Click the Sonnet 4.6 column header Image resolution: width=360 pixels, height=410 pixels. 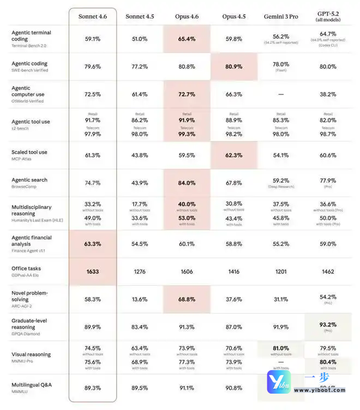point(93,16)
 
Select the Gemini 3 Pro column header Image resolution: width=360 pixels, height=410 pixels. point(281,16)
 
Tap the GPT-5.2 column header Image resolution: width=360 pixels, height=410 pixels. point(327,16)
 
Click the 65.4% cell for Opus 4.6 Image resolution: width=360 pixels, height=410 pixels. point(187,39)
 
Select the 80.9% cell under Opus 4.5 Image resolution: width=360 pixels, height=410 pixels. point(233,67)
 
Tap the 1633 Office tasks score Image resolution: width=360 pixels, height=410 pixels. point(93,271)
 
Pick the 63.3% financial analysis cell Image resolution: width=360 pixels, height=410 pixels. point(93,244)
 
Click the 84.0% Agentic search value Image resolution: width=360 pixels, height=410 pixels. point(187,183)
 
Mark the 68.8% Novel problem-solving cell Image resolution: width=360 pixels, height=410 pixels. point(187,299)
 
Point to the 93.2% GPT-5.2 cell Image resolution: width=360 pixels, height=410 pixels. point(327,324)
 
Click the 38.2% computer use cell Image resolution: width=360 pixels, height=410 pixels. point(327,94)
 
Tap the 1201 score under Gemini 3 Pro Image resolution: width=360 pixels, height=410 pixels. point(280,271)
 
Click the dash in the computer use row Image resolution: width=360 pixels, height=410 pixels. point(280,94)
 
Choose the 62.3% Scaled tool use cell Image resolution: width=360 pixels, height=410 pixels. point(233,155)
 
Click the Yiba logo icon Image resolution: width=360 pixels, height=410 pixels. point(278,381)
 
